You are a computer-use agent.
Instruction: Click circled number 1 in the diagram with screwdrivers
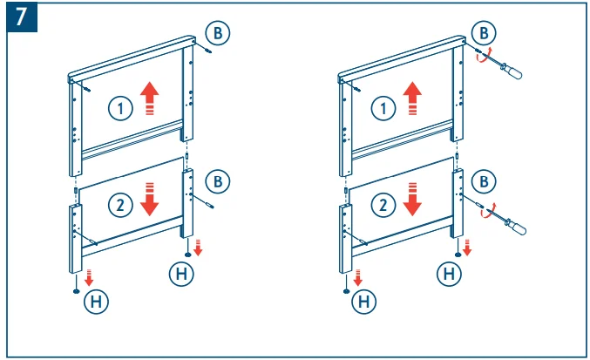(380, 108)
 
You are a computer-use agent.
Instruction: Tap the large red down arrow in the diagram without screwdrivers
(150, 198)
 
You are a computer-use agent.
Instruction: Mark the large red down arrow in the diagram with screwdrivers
(411, 198)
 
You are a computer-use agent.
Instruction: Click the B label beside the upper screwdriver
(484, 33)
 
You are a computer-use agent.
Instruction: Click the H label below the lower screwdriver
(450, 274)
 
